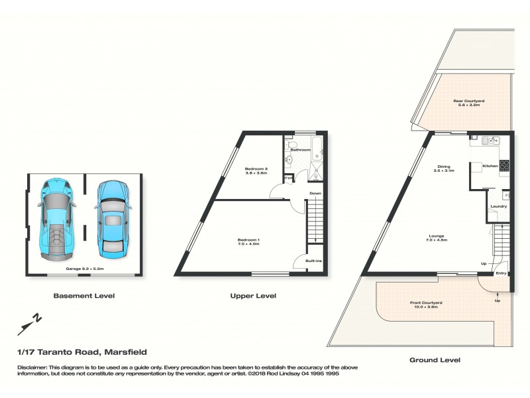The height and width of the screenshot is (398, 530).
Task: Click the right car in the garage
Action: point(111,219)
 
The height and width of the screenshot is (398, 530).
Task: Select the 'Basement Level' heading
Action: point(84,295)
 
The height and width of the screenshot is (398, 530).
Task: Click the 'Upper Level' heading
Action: point(252,296)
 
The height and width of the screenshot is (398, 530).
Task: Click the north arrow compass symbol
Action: point(31,322)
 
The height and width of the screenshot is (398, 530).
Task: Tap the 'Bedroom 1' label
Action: point(249,241)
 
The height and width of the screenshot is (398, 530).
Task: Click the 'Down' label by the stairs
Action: point(315,194)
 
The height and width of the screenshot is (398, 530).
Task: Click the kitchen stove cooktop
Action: point(504,165)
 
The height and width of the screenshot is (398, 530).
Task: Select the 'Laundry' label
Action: point(498,206)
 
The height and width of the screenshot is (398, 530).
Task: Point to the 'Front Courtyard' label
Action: point(426,304)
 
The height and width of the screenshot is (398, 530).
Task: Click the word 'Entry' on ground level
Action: point(501,273)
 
